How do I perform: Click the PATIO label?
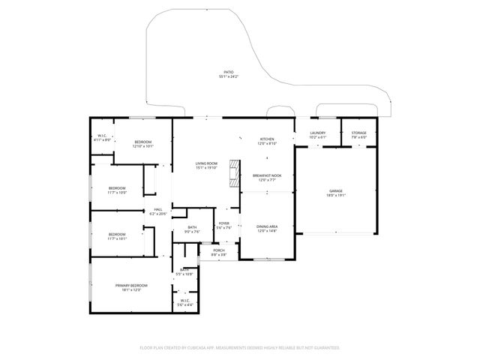coord(228,72)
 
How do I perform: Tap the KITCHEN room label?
coord(266,139)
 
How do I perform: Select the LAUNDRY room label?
coord(317,133)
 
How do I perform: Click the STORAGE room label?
coord(358,133)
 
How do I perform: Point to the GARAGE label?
coord(335,191)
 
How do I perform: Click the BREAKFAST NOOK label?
coord(266,175)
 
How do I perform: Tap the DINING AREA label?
coord(266,226)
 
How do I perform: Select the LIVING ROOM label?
coord(206,163)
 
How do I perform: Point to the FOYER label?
coord(223,223)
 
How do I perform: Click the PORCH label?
coord(218,250)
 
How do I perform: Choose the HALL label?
coord(158,209)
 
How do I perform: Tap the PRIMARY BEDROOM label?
coord(131,285)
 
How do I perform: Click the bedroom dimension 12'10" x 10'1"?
coord(142,146)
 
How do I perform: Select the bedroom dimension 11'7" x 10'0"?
coord(116,192)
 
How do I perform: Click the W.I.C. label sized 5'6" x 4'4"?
coord(184,304)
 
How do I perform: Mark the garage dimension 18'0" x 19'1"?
coord(335,196)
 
